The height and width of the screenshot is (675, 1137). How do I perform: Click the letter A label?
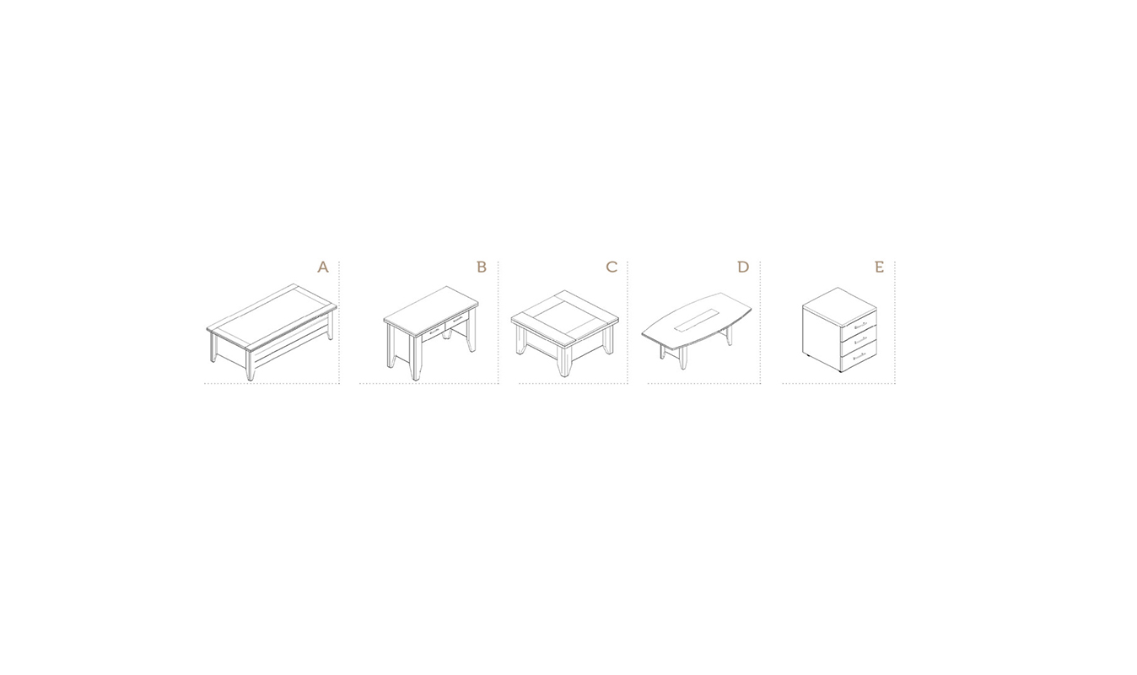coord(323,267)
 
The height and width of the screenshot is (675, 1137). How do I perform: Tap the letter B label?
coord(482,267)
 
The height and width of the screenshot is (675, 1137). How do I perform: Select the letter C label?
coord(612,267)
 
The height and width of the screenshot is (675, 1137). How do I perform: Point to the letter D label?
coord(743,267)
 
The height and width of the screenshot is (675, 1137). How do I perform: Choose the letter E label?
coord(879,267)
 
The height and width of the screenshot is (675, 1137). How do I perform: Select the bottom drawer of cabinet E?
coord(859,354)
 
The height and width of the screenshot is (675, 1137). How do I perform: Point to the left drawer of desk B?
coord(434,332)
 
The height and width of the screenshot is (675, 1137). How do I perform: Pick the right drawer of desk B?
coord(457,320)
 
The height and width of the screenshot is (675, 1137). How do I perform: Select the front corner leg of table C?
coord(564,359)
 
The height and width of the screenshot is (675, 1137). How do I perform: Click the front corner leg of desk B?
coord(416,358)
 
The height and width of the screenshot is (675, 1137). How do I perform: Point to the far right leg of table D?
coord(730,336)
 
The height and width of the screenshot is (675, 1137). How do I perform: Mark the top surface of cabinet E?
coord(839,305)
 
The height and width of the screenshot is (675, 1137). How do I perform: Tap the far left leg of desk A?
coord(213,348)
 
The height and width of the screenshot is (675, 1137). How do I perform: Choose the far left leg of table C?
coord(520,339)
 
